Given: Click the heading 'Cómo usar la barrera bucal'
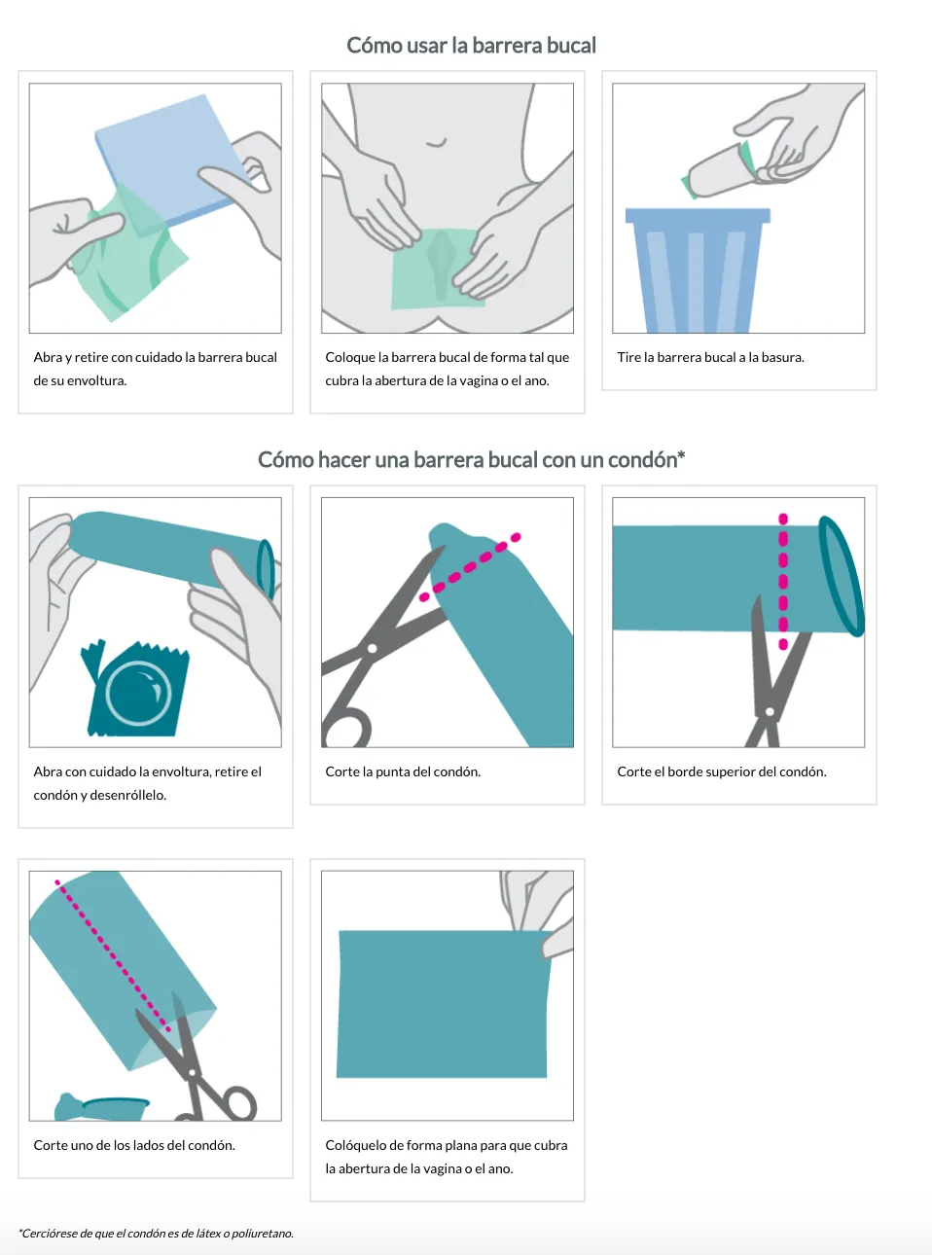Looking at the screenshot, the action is click(x=471, y=46).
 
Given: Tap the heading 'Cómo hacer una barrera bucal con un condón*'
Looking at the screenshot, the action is click(x=472, y=459).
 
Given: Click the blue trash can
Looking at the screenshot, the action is click(x=698, y=269).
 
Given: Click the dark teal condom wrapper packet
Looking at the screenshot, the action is click(x=136, y=689).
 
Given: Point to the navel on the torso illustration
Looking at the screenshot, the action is click(x=436, y=143).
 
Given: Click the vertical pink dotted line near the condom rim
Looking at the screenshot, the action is click(x=783, y=581).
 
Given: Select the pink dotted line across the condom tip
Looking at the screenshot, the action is click(x=470, y=567).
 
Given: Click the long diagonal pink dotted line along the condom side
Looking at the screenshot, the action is click(x=112, y=955).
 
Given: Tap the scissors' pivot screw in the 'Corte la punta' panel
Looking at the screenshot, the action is click(x=372, y=649).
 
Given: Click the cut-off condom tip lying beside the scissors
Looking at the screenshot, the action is click(x=102, y=1107).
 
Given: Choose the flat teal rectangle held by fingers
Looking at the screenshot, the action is click(x=445, y=1004).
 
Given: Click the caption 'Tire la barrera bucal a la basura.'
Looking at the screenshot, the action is click(x=710, y=357).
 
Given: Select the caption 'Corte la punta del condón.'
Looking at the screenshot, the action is click(x=403, y=771).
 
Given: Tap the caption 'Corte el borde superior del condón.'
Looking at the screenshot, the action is click(x=722, y=771).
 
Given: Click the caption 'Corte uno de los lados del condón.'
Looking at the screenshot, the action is click(x=134, y=1145).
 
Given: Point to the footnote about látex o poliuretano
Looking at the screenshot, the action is click(x=157, y=1234).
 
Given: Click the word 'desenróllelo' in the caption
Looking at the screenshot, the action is click(x=127, y=795).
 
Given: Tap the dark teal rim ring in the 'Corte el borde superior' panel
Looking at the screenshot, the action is click(x=842, y=576).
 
